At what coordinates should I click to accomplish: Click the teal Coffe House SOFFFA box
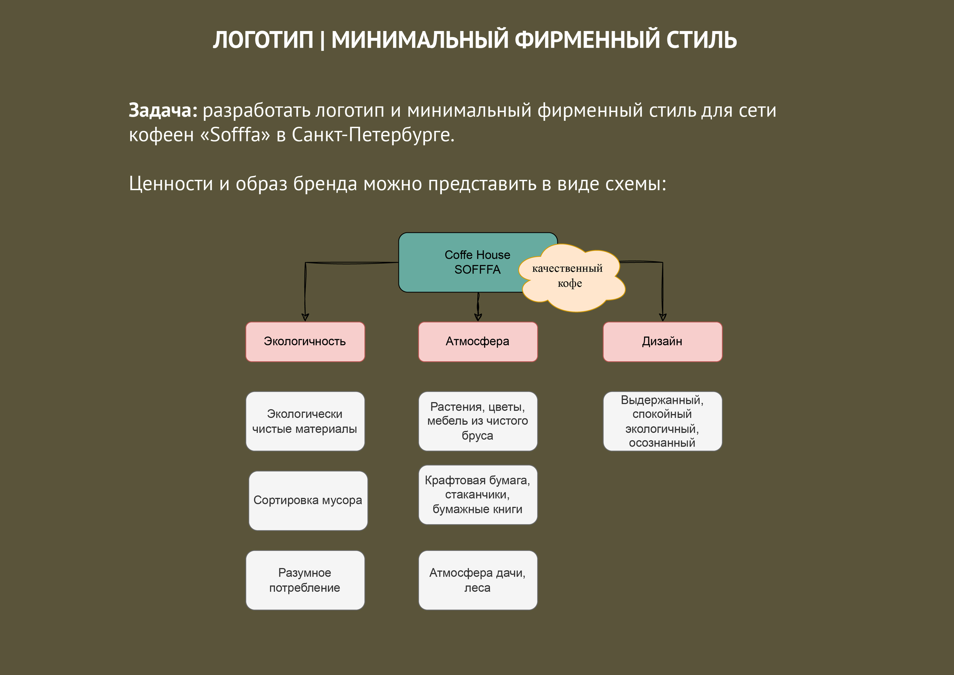pyautogui.click(x=457, y=262)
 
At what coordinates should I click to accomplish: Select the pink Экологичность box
pyautogui.click(x=305, y=342)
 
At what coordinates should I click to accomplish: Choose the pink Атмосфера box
pyautogui.click(x=478, y=342)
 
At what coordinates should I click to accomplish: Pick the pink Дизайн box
pyautogui.click(x=662, y=342)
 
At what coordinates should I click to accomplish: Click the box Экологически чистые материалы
pyautogui.click(x=305, y=421)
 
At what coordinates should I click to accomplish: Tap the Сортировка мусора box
pyautogui.click(x=308, y=501)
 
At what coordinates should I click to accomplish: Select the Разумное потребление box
pyautogui.click(x=305, y=580)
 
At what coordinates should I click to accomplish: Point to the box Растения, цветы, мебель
pyautogui.click(x=478, y=421)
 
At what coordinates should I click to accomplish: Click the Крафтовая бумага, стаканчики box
pyautogui.click(x=478, y=495)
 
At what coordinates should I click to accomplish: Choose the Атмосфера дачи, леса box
pyautogui.click(x=478, y=580)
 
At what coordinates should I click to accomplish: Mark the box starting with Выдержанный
pyautogui.click(x=662, y=421)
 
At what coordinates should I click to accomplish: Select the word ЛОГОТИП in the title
pyautogui.click(x=263, y=40)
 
